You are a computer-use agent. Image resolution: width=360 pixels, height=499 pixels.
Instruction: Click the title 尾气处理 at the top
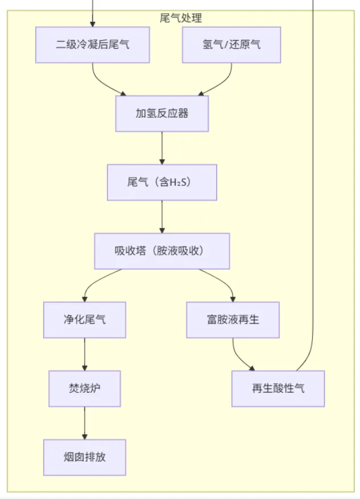(x=181, y=18)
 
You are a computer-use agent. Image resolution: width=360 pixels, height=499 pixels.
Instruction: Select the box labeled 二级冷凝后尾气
(x=93, y=45)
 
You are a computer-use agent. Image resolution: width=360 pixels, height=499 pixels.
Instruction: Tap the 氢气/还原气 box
(x=232, y=45)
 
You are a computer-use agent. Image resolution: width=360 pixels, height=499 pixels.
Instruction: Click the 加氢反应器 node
(x=162, y=114)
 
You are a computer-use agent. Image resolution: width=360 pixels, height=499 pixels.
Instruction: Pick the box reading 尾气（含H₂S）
(x=162, y=182)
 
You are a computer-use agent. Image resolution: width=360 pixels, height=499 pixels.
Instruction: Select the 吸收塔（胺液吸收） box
(x=162, y=251)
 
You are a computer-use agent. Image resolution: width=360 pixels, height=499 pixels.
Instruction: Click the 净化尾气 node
(x=85, y=320)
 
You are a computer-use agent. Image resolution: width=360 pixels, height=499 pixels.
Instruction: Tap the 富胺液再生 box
(x=233, y=320)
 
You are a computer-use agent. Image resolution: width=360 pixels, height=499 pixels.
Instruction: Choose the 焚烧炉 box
(x=85, y=389)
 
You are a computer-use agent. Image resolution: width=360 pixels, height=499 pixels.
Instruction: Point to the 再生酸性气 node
(x=278, y=389)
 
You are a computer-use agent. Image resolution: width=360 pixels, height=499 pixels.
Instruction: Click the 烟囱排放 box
(x=85, y=458)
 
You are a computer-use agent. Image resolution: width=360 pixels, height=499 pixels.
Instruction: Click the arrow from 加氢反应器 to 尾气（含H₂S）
(x=162, y=148)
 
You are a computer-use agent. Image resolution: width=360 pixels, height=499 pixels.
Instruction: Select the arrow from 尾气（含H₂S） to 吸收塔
(x=162, y=217)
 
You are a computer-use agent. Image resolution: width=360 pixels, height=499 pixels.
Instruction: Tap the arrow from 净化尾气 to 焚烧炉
(x=85, y=354)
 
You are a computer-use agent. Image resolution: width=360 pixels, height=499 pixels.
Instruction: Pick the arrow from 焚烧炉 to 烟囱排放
(x=85, y=423)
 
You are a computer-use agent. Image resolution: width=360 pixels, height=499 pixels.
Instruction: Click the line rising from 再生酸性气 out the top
(x=313, y=171)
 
